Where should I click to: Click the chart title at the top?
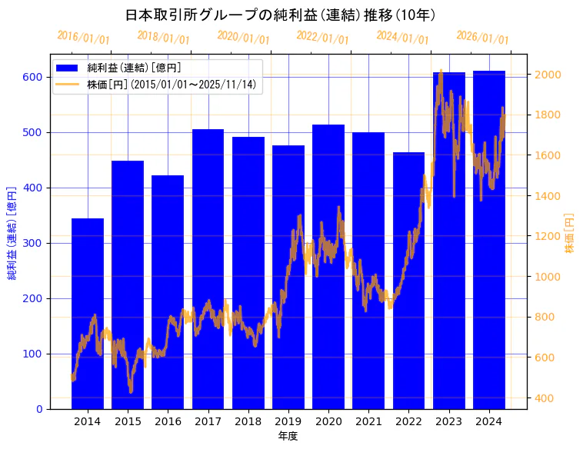coord(281,15)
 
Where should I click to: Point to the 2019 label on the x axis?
coord(288,421)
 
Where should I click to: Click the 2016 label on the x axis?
coord(168,421)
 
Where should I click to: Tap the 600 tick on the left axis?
coord(32,77)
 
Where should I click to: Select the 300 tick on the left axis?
coord(32,243)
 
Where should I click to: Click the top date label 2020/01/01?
coord(243,37)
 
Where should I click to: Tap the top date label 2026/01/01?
coord(482,37)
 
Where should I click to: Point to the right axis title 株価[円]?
coord(569,233)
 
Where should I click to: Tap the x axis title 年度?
coord(288,436)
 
